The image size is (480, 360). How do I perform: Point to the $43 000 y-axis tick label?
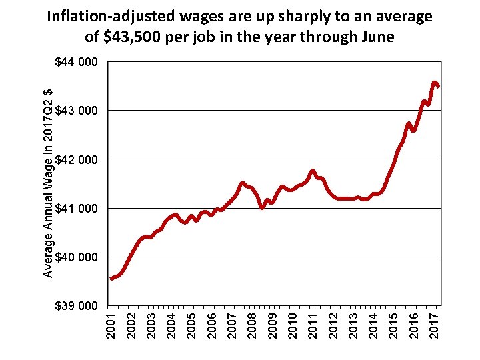pos(76,110)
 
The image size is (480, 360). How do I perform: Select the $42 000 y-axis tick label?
pos(76,159)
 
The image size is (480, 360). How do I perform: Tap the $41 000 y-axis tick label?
pos(76,208)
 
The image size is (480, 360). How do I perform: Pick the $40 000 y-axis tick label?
pos(76,257)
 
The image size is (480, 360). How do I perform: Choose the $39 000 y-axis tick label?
pos(76,306)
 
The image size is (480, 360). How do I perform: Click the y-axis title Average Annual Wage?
pos(48,183)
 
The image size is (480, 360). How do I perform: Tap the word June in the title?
pos(375,37)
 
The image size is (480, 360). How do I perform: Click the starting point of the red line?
pos(111,279)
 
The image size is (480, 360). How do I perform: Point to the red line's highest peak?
pos(435,83)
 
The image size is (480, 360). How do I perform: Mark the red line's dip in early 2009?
pos(263,207)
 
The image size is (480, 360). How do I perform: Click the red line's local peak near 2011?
pos(312,171)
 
